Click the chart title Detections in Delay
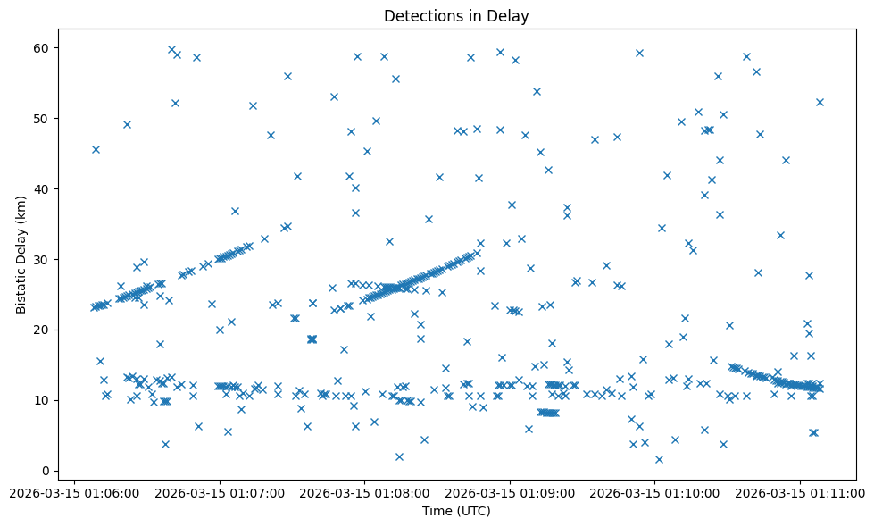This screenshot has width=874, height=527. [456, 16]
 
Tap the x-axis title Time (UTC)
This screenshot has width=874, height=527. [456, 512]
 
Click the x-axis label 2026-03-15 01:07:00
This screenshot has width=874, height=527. [220, 492]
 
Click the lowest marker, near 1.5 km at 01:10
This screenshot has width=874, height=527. [659, 459]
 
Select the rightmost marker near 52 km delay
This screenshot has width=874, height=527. [820, 102]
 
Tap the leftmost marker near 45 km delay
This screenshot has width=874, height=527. [96, 149]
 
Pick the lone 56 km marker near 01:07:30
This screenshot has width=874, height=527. [287, 76]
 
